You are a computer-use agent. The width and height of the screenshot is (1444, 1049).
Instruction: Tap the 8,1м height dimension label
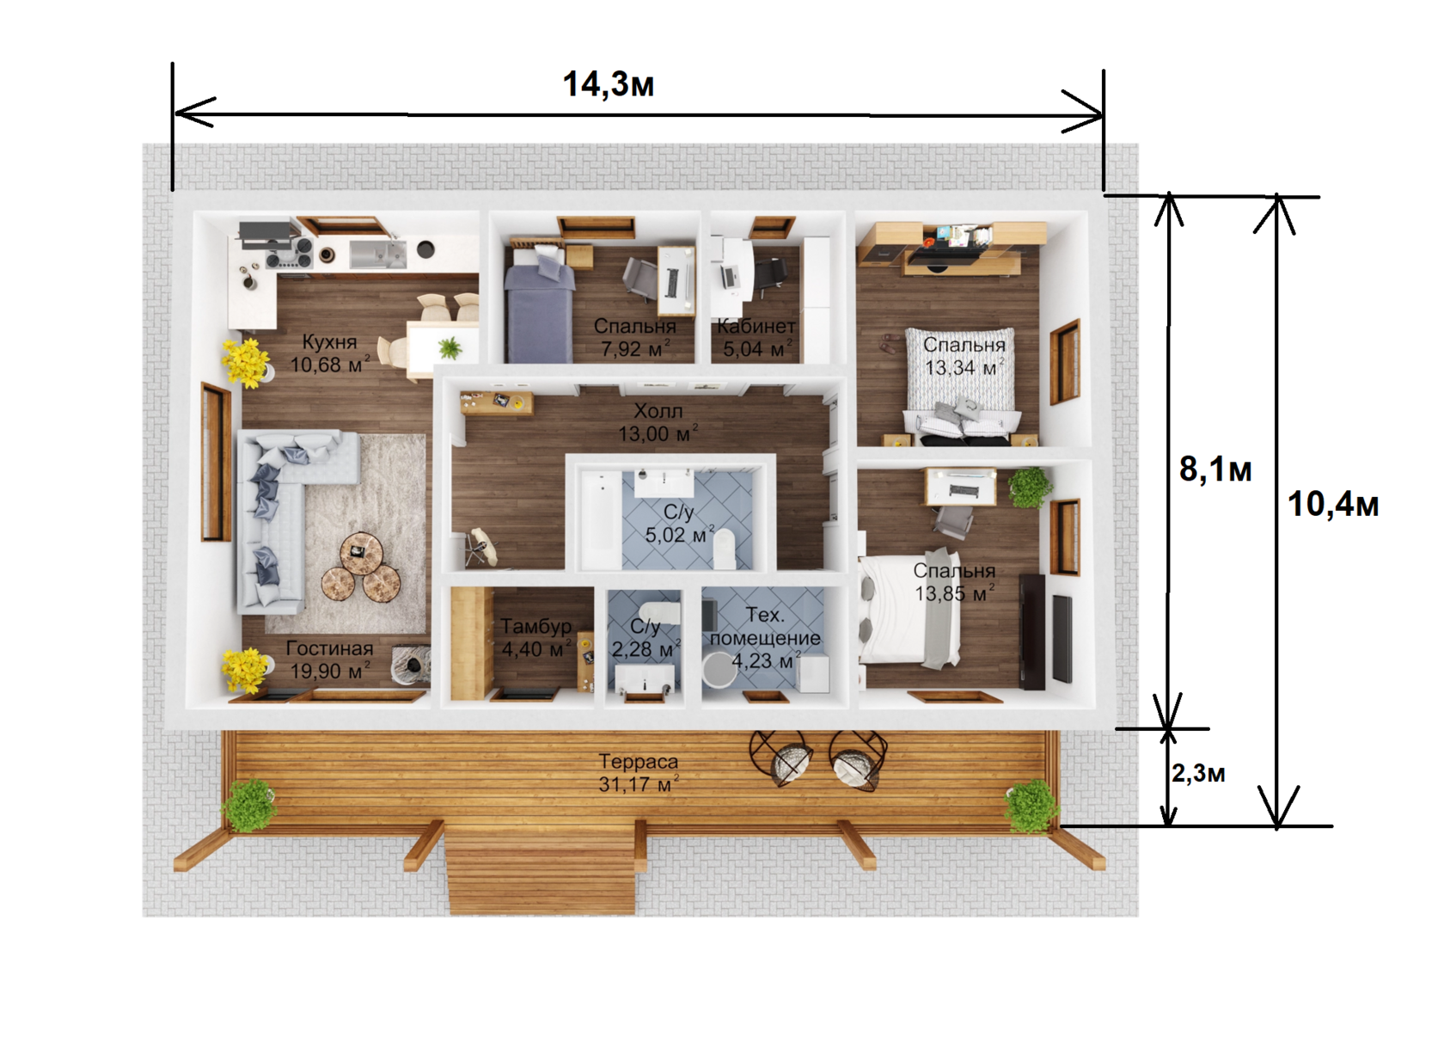click(x=1215, y=469)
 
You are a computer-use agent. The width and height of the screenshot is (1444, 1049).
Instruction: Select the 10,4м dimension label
click(x=1332, y=504)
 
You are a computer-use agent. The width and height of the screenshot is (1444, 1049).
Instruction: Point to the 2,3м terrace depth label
click(x=1198, y=773)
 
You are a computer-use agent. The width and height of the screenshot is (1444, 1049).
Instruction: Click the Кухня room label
click(x=328, y=341)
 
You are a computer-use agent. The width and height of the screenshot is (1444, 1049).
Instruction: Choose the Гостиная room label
click(x=329, y=648)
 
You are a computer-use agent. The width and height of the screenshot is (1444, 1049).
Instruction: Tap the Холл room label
click(x=658, y=411)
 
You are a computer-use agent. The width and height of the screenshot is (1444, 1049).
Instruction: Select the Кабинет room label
click(x=756, y=326)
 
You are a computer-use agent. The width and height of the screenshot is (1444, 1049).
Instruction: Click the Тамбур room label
click(x=535, y=626)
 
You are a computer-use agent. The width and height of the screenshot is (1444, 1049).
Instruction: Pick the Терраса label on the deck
click(x=638, y=762)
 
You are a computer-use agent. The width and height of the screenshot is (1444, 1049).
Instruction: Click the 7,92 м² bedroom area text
click(x=635, y=349)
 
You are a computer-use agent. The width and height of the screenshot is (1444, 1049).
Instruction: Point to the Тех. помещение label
click(x=765, y=626)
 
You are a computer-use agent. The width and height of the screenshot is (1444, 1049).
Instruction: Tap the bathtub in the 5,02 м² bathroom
click(x=601, y=519)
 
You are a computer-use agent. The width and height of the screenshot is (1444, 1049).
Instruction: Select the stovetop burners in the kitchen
click(x=291, y=252)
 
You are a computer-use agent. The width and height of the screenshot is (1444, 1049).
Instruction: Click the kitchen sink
click(x=378, y=254)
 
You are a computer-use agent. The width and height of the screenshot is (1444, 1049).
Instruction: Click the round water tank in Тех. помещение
click(x=719, y=670)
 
